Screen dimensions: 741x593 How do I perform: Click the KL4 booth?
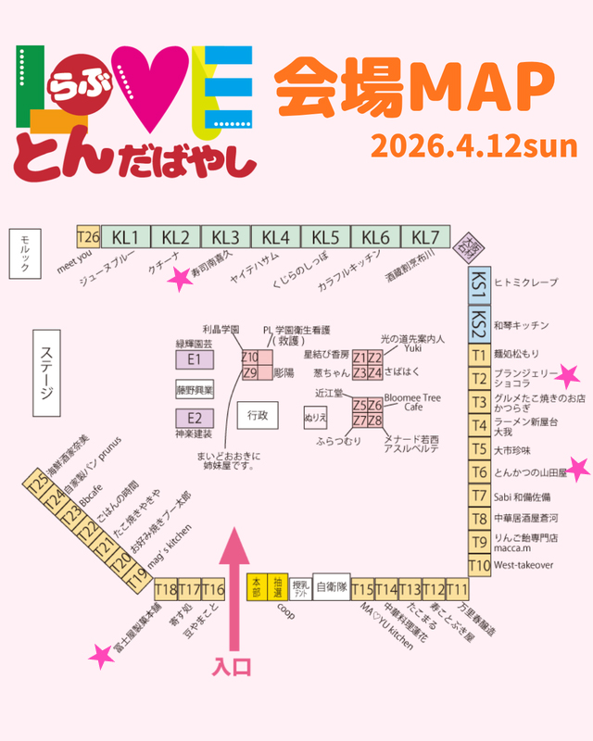[275, 235]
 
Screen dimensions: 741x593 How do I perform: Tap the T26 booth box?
[88, 235]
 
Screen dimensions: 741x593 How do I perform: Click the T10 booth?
[479, 565]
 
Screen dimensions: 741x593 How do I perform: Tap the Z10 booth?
[249, 358]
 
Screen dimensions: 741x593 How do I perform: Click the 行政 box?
[257, 416]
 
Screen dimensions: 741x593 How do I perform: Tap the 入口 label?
[232, 666]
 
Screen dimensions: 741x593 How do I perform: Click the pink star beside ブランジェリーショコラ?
[568, 375]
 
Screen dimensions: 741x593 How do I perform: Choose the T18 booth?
[166, 589]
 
